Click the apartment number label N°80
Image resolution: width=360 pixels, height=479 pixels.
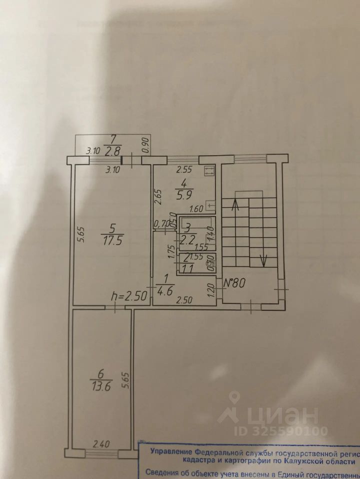(x=234, y=282)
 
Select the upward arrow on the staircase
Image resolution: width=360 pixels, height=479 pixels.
(x=235, y=204)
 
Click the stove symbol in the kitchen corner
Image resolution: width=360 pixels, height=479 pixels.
(x=209, y=171)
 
